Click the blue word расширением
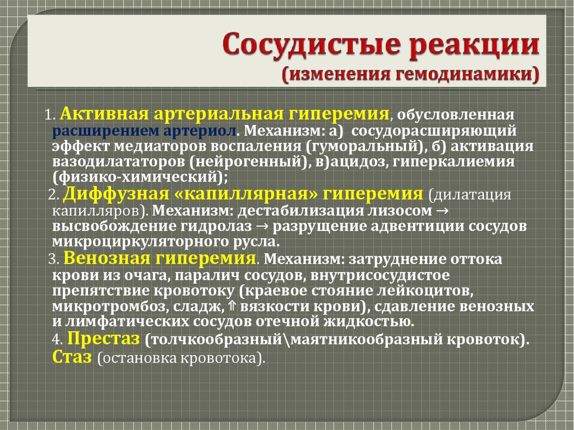click(x=93, y=131)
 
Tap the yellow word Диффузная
click(x=115, y=194)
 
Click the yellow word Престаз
click(x=103, y=339)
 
